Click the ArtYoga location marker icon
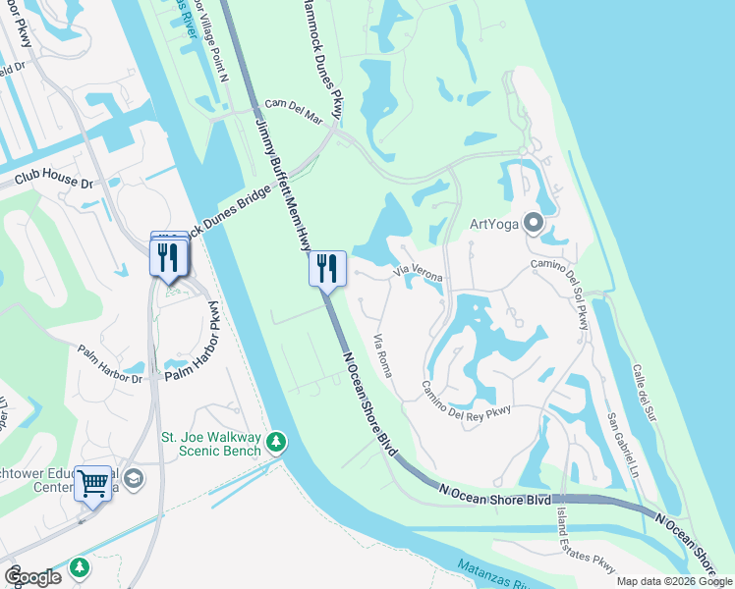(x=534, y=224)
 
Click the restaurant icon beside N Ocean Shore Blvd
(x=327, y=267)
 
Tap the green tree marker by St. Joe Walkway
(x=278, y=443)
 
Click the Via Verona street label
(x=418, y=274)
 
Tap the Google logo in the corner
(x=32, y=576)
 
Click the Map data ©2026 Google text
(x=674, y=581)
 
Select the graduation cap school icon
(x=134, y=478)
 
